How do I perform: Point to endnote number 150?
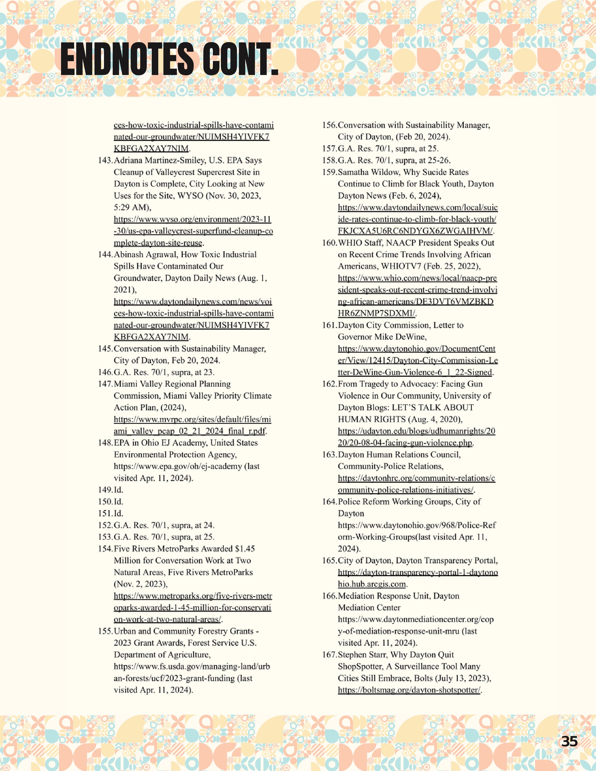105,502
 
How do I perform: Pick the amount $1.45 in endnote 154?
245,549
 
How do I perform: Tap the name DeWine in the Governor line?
412,337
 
